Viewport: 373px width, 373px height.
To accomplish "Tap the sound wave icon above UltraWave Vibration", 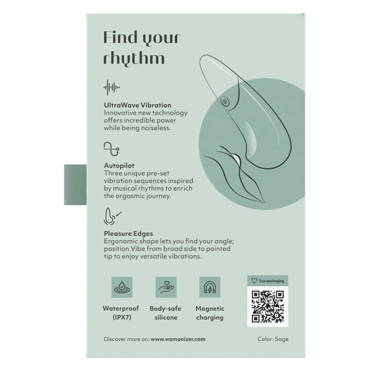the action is click(112, 88).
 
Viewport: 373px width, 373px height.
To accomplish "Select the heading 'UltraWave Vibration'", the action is click(138, 105).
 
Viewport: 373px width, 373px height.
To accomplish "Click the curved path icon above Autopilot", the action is click(112, 149).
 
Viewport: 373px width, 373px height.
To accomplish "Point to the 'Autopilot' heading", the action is click(119, 166).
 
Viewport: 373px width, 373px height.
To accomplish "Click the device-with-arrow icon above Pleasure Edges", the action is click(112, 216).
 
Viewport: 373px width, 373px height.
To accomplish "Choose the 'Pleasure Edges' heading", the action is click(128, 233).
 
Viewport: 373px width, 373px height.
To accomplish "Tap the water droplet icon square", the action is click(122, 287).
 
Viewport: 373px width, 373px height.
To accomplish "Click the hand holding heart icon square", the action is click(166, 287).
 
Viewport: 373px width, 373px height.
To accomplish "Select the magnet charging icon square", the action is click(210, 287).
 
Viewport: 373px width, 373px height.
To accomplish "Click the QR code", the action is click(267, 307).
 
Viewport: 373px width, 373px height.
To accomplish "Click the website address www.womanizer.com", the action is click(178, 339).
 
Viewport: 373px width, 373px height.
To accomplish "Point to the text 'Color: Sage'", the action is click(273, 339).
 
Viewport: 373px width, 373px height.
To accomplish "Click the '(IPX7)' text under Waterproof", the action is click(122, 317).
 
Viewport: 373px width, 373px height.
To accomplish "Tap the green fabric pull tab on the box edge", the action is click(75, 185).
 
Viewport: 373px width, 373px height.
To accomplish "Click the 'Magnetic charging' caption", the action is click(210, 313).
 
